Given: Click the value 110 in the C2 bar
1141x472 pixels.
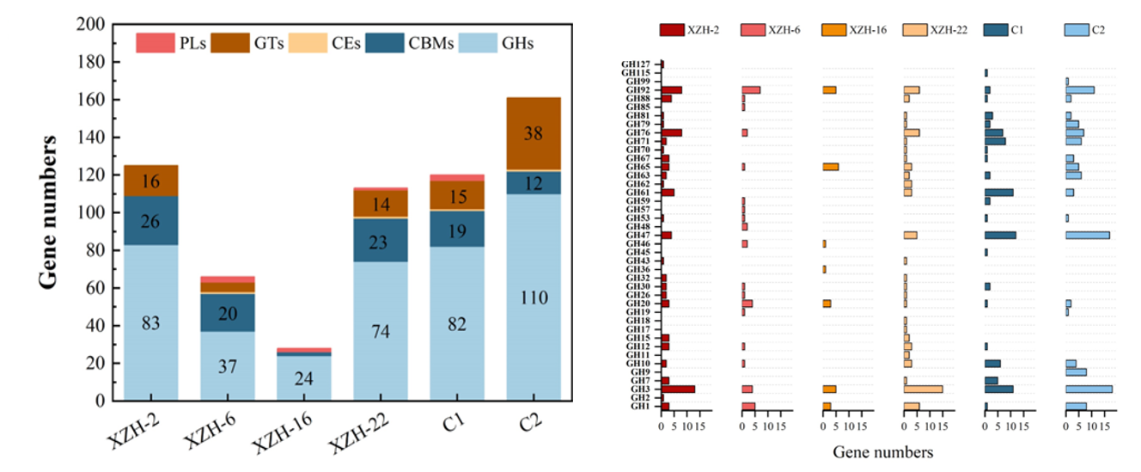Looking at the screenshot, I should pyautogui.click(x=533, y=298).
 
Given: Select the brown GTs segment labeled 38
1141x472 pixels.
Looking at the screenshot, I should pyautogui.click(x=533, y=133).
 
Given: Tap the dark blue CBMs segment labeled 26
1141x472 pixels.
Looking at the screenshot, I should pyautogui.click(x=151, y=221).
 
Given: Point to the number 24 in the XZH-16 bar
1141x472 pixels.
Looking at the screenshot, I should pyautogui.click(x=304, y=379).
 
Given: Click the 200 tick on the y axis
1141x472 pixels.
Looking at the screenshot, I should pyautogui.click(x=93, y=25).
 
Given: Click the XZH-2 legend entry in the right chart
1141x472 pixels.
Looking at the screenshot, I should pyautogui.click(x=691, y=30).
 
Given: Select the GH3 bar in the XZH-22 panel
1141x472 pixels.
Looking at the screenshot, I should pyautogui.click(x=923, y=389).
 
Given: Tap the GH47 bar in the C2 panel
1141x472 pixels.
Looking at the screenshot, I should pyautogui.click(x=1087, y=236).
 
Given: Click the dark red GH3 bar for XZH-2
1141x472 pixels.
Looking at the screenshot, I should pyautogui.click(x=678, y=389).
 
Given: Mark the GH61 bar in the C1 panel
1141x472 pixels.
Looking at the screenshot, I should pyautogui.click(x=998, y=193).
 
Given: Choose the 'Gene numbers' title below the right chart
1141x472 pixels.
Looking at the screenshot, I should pyautogui.click(x=882, y=451).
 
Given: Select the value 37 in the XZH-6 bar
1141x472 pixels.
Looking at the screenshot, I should pyautogui.click(x=228, y=366).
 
